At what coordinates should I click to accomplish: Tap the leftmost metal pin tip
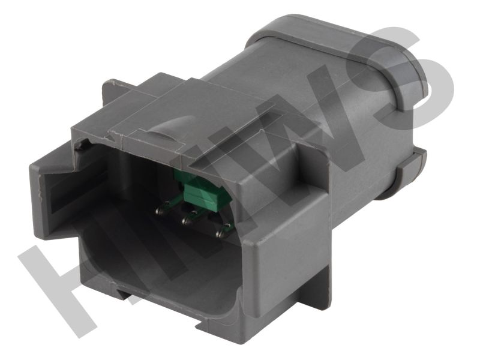(159, 211)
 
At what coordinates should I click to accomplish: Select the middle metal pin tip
(185, 219)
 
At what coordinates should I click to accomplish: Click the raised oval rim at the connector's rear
(337, 55)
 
